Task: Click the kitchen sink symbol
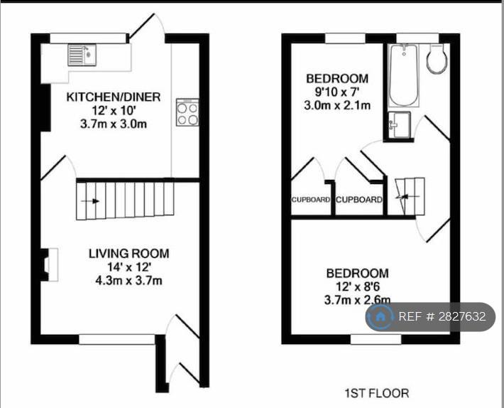[x=79, y=54]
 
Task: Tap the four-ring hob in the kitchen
[x=187, y=113]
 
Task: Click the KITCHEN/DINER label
[x=114, y=97]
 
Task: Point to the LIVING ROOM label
[x=128, y=253]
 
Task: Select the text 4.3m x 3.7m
[x=128, y=279]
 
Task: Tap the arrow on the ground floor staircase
[x=90, y=201]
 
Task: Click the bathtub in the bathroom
[x=403, y=75]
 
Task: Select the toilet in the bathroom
[x=436, y=60]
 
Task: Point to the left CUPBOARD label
[x=311, y=200]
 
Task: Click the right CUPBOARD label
[x=359, y=200]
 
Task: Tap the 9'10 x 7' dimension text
[x=337, y=92]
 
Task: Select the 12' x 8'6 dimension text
[x=357, y=286]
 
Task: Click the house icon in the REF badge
[x=381, y=316]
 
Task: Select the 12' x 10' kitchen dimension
[x=114, y=110]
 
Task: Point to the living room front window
[x=116, y=340]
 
